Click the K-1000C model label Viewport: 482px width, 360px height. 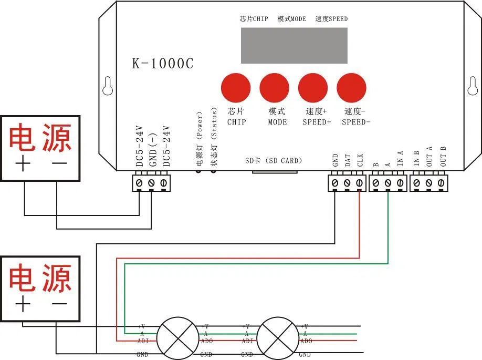coord(162,64)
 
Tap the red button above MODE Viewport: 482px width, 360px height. coord(274,88)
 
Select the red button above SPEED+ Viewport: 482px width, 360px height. coord(313,88)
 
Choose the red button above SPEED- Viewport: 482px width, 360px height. coord(351,88)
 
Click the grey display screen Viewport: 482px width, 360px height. coord(294,46)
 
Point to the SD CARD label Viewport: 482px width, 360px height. coord(274,161)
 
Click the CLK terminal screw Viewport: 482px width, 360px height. coord(359,183)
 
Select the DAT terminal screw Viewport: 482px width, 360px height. coord(347,183)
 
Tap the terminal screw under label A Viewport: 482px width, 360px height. coord(387,183)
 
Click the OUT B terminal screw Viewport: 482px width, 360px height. coord(441,183)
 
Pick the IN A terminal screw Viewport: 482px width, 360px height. coord(400,183)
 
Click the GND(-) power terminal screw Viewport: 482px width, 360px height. coord(151,183)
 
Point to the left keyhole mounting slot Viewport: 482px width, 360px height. coord(108,87)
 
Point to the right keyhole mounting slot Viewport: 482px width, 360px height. coord(472,87)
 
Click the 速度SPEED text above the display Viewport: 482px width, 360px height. coord(331,19)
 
